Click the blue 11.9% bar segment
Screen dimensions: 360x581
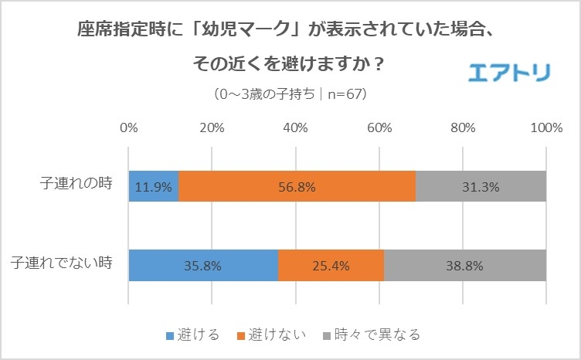pos(154,186)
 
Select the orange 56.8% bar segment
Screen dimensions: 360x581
pos(297,186)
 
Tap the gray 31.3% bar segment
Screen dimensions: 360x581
pos(481,186)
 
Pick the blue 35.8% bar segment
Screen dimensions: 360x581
pos(203,266)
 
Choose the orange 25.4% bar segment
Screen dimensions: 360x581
pos(331,266)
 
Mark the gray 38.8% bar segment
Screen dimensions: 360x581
pos(464,266)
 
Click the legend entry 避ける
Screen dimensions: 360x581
pos(194,335)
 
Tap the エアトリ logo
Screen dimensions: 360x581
pos(509,72)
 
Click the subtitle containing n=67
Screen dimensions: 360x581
pos(290,94)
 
